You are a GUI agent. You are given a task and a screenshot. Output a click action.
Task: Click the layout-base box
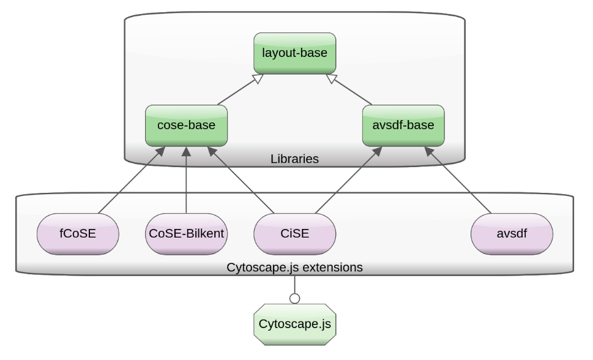(296, 53)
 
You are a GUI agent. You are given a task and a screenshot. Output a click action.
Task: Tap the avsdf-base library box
(403, 125)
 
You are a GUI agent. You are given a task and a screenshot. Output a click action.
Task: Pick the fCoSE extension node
(78, 233)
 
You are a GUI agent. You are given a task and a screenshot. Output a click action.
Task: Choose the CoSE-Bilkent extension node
(187, 233)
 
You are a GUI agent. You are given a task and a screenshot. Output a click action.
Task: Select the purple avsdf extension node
(512, 233)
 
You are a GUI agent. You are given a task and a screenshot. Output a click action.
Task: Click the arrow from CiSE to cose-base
(242, 182)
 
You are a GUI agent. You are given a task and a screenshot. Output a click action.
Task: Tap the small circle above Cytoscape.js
(294, 298)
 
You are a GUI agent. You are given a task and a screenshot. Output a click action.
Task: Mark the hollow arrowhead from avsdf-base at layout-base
(330, 78)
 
